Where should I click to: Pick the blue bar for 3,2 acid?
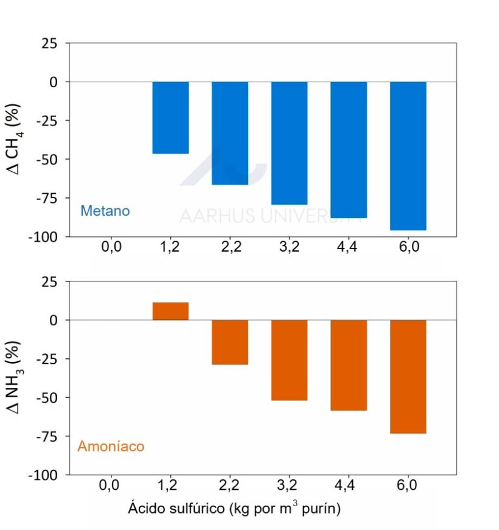(289, 143)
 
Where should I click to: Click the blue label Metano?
(105, 211)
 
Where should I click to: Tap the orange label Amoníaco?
(111, 447)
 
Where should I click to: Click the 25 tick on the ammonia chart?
(50, 281)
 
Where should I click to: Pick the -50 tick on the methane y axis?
(48, 159)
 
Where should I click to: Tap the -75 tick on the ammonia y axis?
(48, 436)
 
